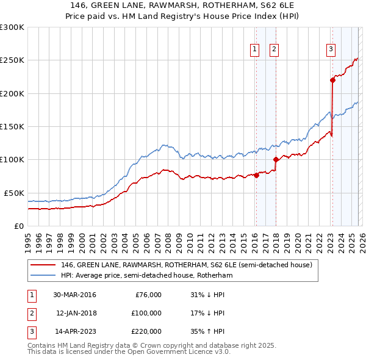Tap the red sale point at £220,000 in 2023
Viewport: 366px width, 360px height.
point(332,80)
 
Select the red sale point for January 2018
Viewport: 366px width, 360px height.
point(276,160)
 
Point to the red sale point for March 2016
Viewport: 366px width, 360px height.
point(256,176)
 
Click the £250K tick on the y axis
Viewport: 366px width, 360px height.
point(12,60)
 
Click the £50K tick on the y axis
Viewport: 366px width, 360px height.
point(14,193)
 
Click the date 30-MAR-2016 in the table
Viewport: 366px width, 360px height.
point(74,295)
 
